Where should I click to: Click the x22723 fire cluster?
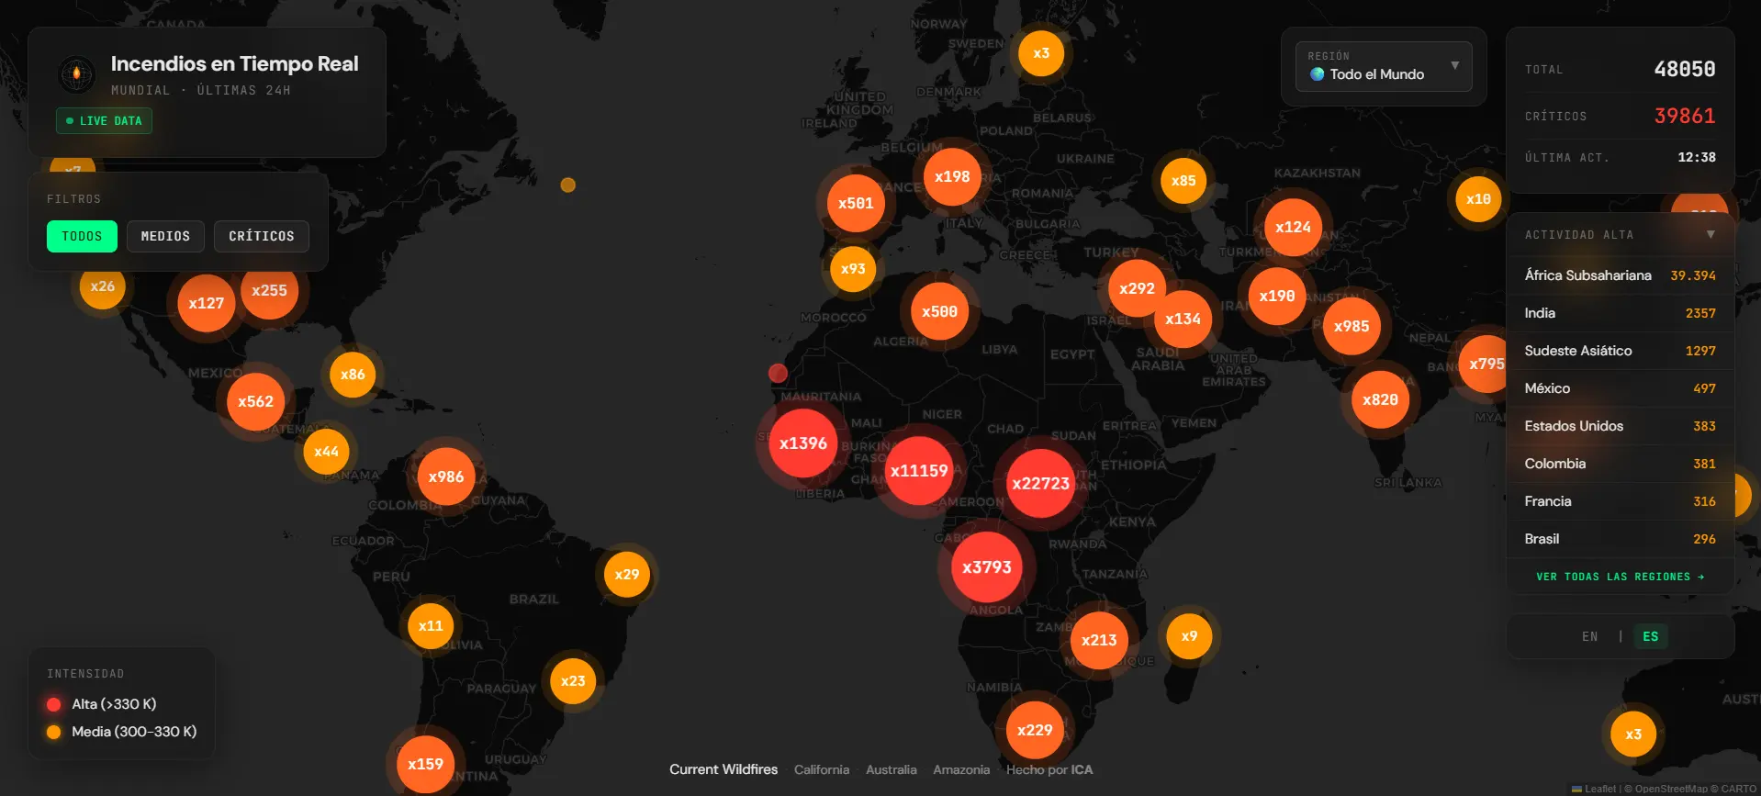coord(1040,483)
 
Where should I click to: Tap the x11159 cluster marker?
coord(918,471)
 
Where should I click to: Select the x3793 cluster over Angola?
coord(986,567)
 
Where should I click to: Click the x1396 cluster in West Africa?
coord(803,443)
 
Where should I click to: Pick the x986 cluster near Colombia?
coord(446,476)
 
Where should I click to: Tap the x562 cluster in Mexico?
coord(255,401)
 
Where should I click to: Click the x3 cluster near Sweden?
coord(1041,53)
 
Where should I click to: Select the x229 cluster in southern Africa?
coord(1035,730)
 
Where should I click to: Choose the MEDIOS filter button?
coord(165,236)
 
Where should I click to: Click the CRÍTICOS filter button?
coord(262,236)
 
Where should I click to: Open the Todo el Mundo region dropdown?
coord(1384,67)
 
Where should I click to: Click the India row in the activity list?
coord(1620,313)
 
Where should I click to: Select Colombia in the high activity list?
coord(1620,464)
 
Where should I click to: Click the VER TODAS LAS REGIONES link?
coord(1620,577)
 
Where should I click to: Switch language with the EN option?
coord(1589,636)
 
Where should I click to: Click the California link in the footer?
coord(822,769)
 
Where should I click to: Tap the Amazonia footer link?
coord(961,769)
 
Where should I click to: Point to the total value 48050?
coord(1684,70)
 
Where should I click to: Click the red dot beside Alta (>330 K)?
coord(54,704)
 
